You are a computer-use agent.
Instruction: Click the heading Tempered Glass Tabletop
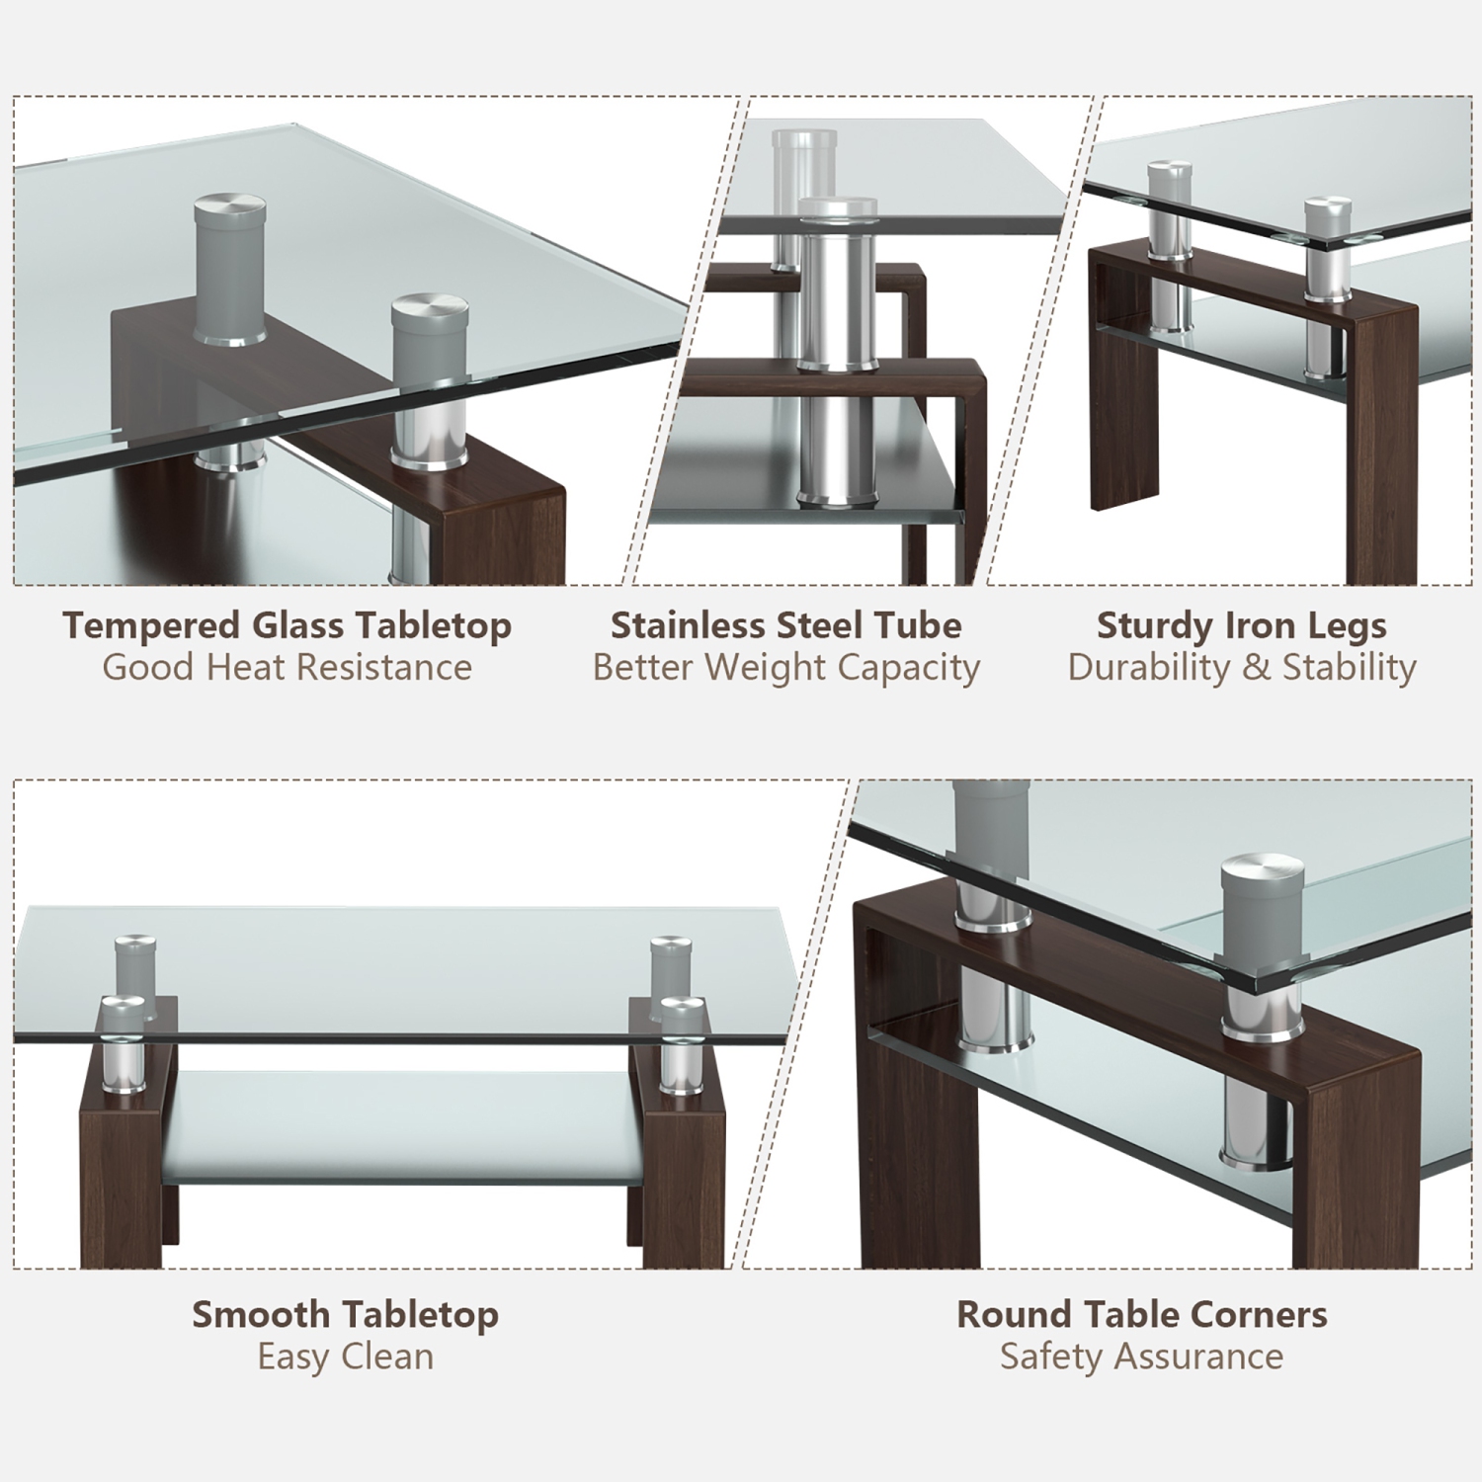[287, 625]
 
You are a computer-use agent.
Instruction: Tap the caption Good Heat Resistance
[287, 668]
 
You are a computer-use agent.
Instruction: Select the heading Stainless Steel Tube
[785, 625]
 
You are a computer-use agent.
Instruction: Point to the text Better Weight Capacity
[785, 668]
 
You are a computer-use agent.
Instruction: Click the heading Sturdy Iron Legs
[1241, 625]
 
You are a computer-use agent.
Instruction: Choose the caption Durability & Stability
[1241, 668]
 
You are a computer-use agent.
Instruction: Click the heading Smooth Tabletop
[345, 1314]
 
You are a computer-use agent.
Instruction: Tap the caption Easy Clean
[345, 1357]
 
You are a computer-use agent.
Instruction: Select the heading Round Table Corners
[1141, 1314]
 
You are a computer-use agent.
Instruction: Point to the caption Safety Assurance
[1141, 1357]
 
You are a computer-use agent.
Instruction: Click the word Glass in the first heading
[298, 625]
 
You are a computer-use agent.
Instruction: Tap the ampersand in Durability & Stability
[1256, 668]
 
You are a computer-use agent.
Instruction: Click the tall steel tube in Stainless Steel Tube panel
[837, 356]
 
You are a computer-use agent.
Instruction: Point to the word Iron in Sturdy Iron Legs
[1255, 625]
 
